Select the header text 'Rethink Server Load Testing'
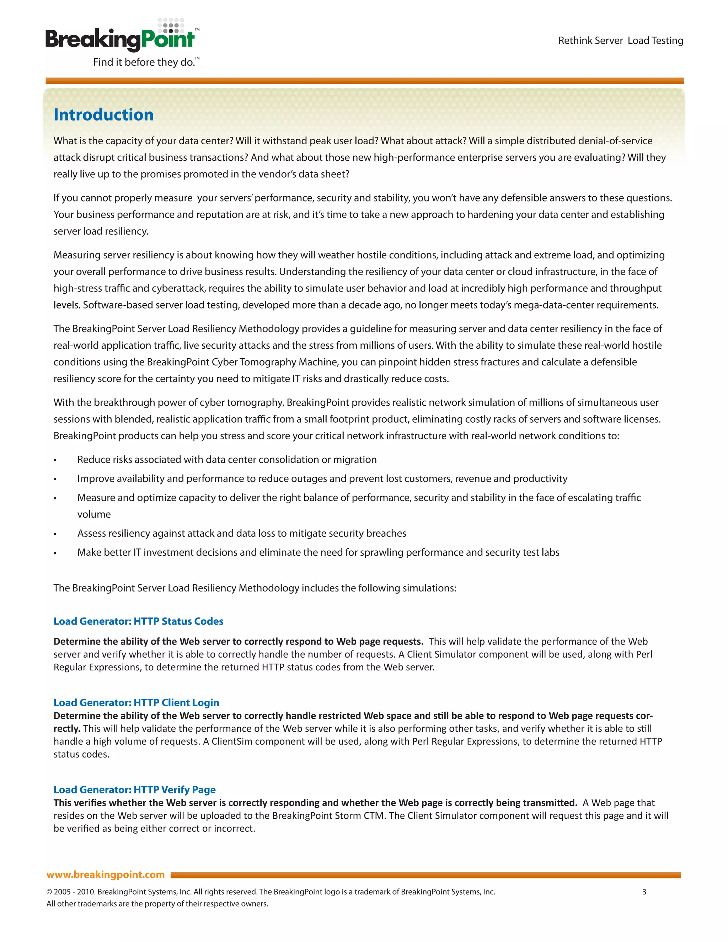pyautogui.click(x=620, y=41)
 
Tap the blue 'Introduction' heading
pyautogui.click(x=103, y=115)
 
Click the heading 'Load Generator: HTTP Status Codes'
pyautogui.click(x=138, y=621)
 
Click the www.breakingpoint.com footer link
pyautogui.click(x=106, y=874)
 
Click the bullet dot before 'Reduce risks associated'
pyautogui.click(x=55, y=460)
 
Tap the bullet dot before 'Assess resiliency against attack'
pyautogui.click(x=55, y=534)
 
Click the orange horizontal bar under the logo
pyautogui.click(x=364, y=81)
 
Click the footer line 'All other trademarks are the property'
pyautogui.click(x=157, y=904)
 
